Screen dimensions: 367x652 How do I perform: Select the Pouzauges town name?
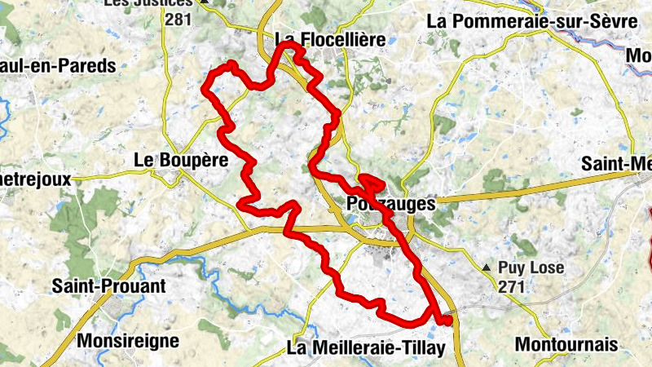[391, 204]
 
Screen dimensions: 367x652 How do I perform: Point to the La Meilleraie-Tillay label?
[367, 348]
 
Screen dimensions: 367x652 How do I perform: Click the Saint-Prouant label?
[108, 286]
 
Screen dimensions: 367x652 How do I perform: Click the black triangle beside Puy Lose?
[487, 268]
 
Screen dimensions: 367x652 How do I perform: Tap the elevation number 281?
[178, 17]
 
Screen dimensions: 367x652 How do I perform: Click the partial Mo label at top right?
[638, 55]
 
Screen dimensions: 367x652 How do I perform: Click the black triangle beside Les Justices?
[205, 2]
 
